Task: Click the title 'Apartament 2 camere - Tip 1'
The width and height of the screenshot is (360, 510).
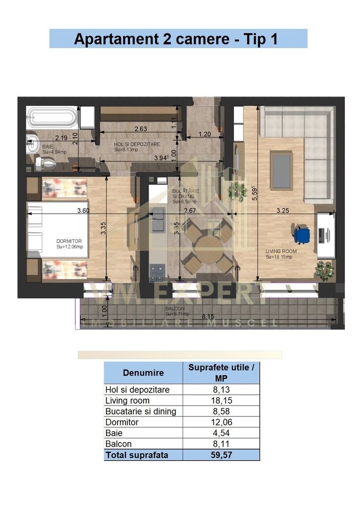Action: tap(178, 39)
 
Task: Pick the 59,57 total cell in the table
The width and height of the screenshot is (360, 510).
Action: tap(221, 455)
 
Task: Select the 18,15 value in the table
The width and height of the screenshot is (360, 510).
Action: tap(221, 400)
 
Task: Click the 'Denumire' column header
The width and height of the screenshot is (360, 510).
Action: tap(143, 373)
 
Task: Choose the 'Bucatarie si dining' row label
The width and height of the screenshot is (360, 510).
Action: tap(141, 411)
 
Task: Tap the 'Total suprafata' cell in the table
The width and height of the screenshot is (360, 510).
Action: tap(137, 455)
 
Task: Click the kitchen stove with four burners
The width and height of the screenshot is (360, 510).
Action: tap(157, 272)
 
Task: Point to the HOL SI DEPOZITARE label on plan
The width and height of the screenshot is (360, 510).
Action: tap(137, 144)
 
